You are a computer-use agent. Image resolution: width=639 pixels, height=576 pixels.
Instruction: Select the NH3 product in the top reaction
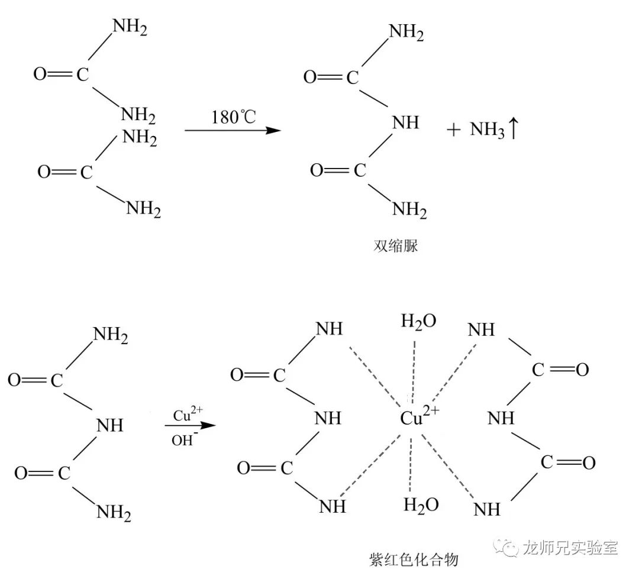487,130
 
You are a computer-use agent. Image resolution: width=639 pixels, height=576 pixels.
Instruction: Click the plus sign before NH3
453,130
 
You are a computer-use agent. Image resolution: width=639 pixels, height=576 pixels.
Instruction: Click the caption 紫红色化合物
414,559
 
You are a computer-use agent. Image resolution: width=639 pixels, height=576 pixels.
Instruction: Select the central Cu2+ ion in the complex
419,417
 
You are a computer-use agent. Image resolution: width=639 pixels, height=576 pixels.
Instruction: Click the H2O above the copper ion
418,321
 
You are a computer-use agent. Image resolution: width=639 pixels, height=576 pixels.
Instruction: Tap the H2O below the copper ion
421,504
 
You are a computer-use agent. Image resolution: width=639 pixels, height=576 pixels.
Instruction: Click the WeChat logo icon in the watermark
505,548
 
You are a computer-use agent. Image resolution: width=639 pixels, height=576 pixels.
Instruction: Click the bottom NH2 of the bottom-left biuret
113,512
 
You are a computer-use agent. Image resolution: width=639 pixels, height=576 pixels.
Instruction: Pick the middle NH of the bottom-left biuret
109,425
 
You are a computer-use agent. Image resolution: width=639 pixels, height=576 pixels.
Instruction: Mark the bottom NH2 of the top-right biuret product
409,209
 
